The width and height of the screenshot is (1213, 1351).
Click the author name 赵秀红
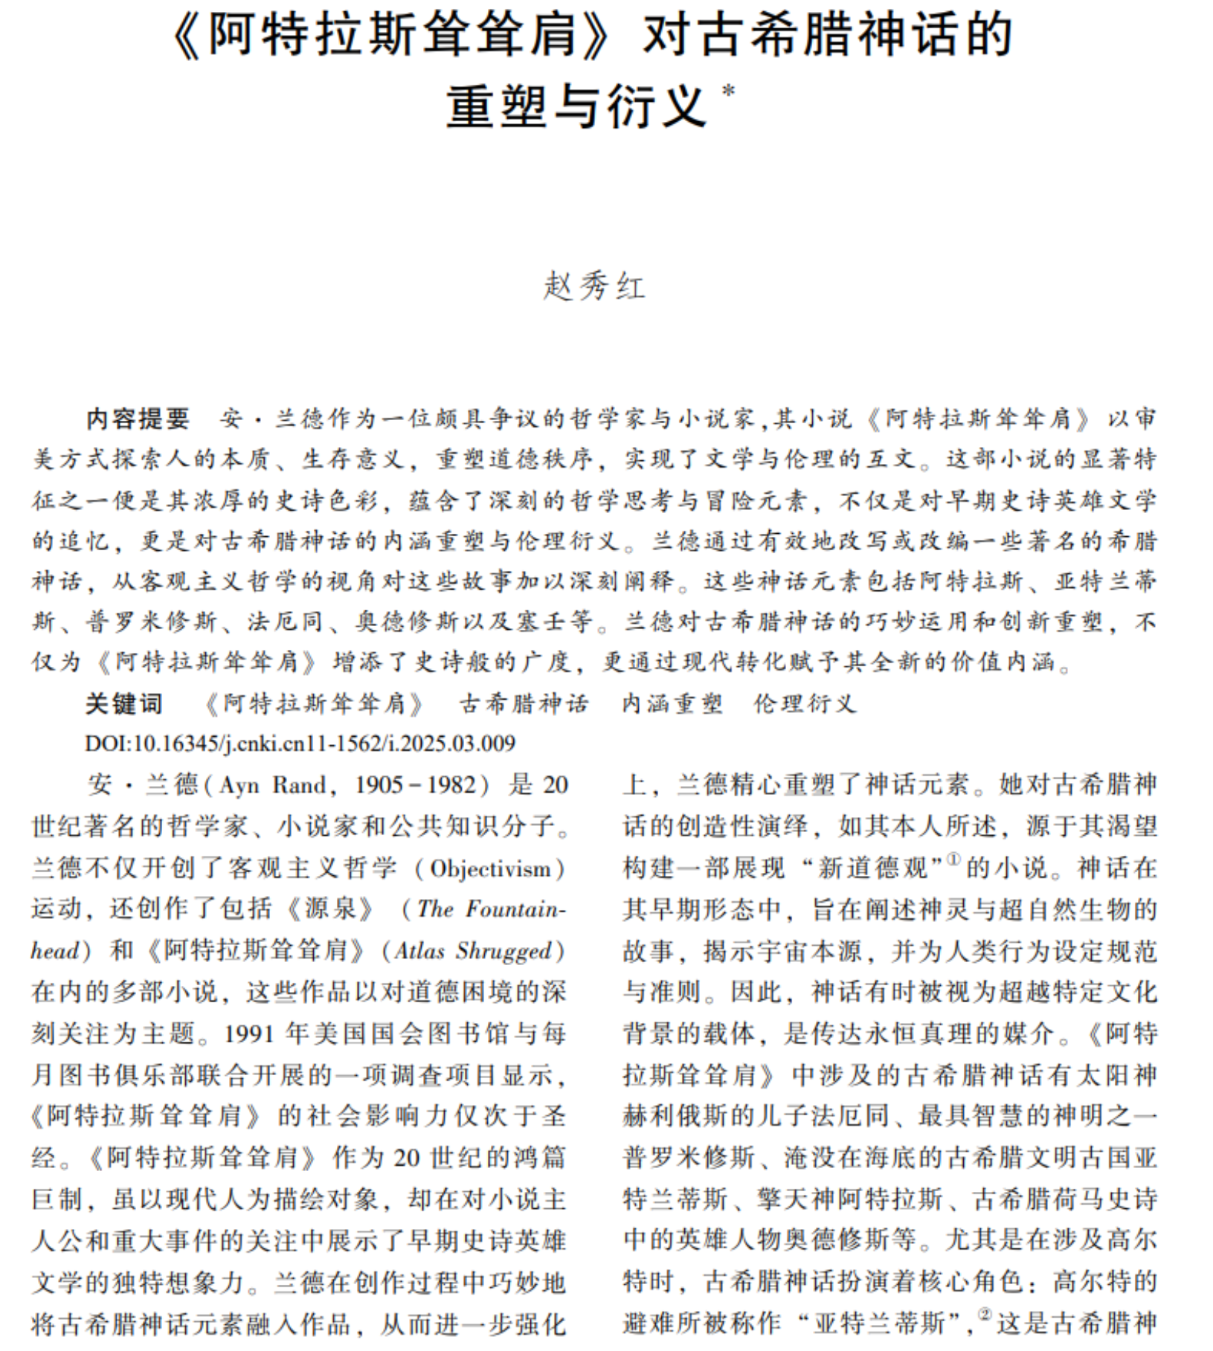[x=594, y=286]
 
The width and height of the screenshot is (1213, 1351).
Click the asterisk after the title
[x=728, y=91]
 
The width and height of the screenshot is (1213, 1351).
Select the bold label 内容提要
[x=138, y=419]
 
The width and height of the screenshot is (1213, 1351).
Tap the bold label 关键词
[x=123, y=703]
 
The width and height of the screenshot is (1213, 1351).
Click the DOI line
[x=300, y=743]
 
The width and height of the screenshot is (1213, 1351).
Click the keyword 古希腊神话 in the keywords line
[x=524, y=703]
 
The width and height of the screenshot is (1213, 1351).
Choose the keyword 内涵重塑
[x=672, y=703]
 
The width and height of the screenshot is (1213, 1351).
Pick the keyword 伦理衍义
[x=805, y=703]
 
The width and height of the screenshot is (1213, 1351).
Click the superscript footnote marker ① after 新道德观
[x=953, y=860]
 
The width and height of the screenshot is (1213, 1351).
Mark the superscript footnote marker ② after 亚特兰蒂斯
[x=985, y=1315]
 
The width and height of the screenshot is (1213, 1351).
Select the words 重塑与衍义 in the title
[x=576, y=106]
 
